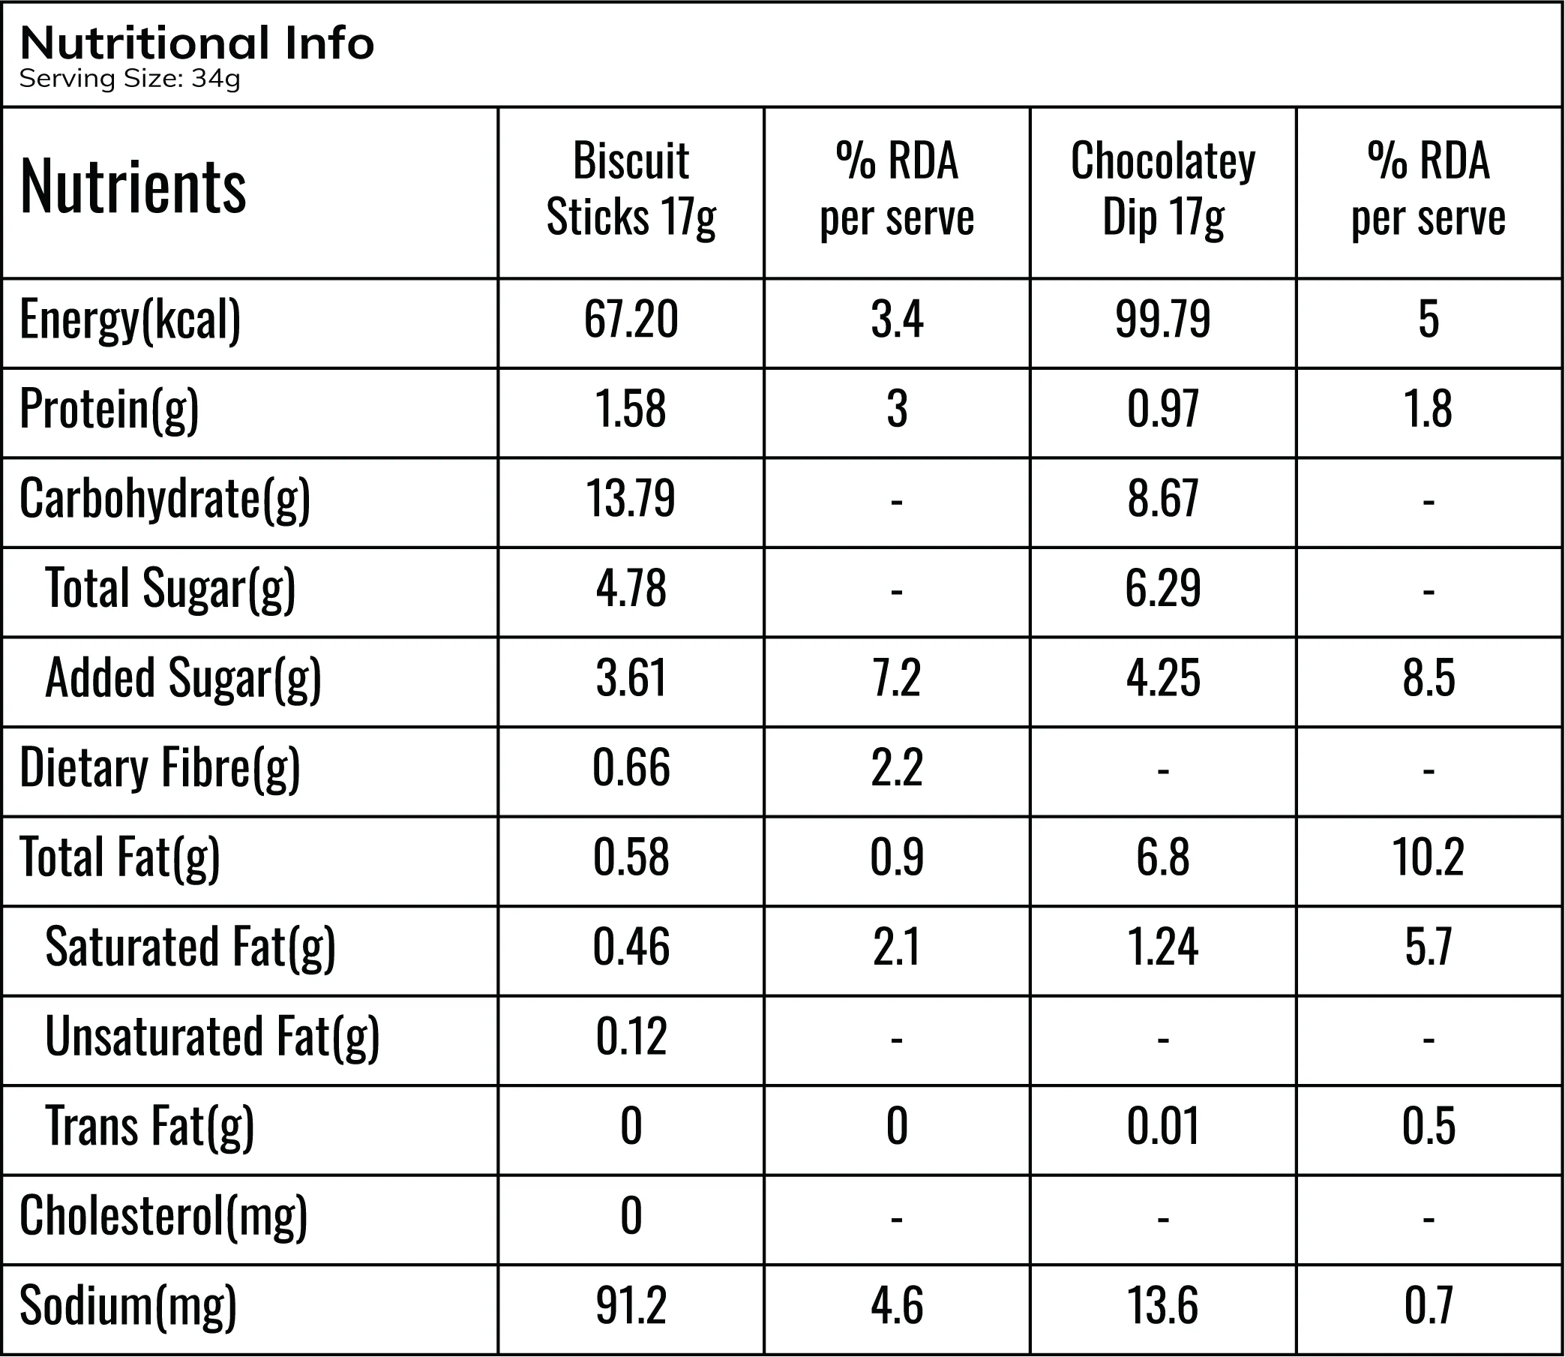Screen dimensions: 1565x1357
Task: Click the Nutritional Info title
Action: point(197,44)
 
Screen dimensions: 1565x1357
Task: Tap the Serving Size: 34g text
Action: point(130,79)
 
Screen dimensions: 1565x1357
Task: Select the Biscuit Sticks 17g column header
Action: point(631,189)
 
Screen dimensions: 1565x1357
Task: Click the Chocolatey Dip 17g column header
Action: point(1163,189)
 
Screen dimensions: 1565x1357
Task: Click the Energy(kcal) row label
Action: point(130,320)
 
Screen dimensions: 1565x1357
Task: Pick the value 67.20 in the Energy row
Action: point(631,319)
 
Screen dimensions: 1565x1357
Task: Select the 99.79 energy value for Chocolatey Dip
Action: point(1163,319)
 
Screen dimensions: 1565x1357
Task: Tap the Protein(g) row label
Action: point(109,410)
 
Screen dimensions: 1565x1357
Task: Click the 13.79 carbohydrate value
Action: point(631,498)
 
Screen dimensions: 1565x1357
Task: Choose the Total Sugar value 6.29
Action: point(1163,587)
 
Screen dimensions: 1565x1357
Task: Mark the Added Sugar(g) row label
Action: point(183,678)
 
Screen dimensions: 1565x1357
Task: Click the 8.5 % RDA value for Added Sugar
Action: point(1429,677)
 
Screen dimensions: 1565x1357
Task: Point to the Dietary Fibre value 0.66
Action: point(631,767)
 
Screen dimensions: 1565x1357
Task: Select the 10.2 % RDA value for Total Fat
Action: point(1429,857)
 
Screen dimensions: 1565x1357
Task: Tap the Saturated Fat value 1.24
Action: point(1163,947)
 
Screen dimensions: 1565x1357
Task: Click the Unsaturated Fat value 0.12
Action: point(631,1036)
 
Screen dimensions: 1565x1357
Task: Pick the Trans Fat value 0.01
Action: point(1163,1126)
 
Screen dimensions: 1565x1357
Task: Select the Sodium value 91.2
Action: point(631,1305)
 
